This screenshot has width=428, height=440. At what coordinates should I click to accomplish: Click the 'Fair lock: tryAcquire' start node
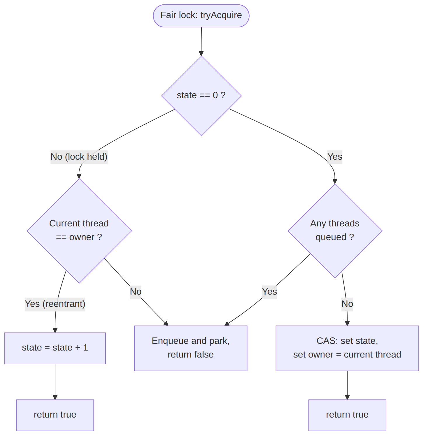click(x=201, y=16)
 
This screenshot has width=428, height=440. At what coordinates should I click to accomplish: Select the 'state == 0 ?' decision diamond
click(x=201, y=96)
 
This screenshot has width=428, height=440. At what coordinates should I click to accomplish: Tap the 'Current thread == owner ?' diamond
click(x=79, y=231)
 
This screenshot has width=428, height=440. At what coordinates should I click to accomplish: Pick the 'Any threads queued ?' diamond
click(x=335, y=231)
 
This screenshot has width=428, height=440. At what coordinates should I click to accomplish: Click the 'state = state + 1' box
click(x=55, y=348)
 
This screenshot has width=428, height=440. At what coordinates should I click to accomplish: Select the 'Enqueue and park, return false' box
click(x=191, y=348)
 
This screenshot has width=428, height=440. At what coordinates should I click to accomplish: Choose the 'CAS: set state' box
click(x=347, y=348)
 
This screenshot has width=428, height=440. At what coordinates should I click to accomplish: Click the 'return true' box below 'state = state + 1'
click(x=55, y=415)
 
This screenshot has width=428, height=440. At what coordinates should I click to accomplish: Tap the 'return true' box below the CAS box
click(x=347, y=415)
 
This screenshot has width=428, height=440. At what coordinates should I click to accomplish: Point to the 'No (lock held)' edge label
click(x=79, y=157)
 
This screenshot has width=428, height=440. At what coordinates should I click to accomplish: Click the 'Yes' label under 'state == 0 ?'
click(x=335, y=157)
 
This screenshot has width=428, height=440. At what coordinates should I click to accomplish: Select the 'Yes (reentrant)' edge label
click(x=55, y=304)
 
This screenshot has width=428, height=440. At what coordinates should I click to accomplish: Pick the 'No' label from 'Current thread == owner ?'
click(x=136, y=292)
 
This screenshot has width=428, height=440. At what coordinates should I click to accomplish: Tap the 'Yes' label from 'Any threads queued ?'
click(x=269, y=292)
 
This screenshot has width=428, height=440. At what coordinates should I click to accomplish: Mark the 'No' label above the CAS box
click(x=347, y=304)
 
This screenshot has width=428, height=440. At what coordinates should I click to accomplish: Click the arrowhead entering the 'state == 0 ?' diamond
click(x=201, y=54)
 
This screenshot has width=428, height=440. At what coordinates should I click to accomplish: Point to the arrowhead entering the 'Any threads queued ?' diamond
click(x=335, y=181)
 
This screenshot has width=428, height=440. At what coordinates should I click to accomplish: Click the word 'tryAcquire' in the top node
click(x=221, y=15)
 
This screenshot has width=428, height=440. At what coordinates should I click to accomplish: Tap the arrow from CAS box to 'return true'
click(x=347, y=385)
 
